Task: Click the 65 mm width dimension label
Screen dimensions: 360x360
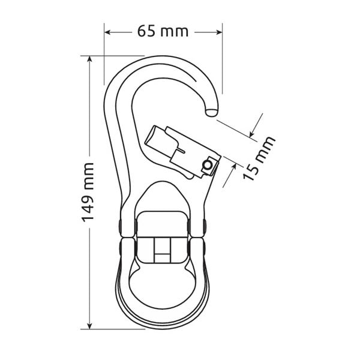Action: [x=163, y=31]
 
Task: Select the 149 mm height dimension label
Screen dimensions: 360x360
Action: [x=88, y=192]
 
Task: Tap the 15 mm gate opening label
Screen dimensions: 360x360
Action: [x=259, y=158]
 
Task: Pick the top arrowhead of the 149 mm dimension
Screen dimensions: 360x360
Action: [x=90, y=59]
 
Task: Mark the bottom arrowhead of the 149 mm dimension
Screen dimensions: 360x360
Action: [x=90, y=326]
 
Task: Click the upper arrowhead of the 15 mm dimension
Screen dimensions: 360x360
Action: [x=252, y=134]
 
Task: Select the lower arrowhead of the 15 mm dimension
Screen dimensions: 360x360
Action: [x=234, y=167]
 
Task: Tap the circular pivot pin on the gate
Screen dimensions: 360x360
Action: [x=208, y=165]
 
